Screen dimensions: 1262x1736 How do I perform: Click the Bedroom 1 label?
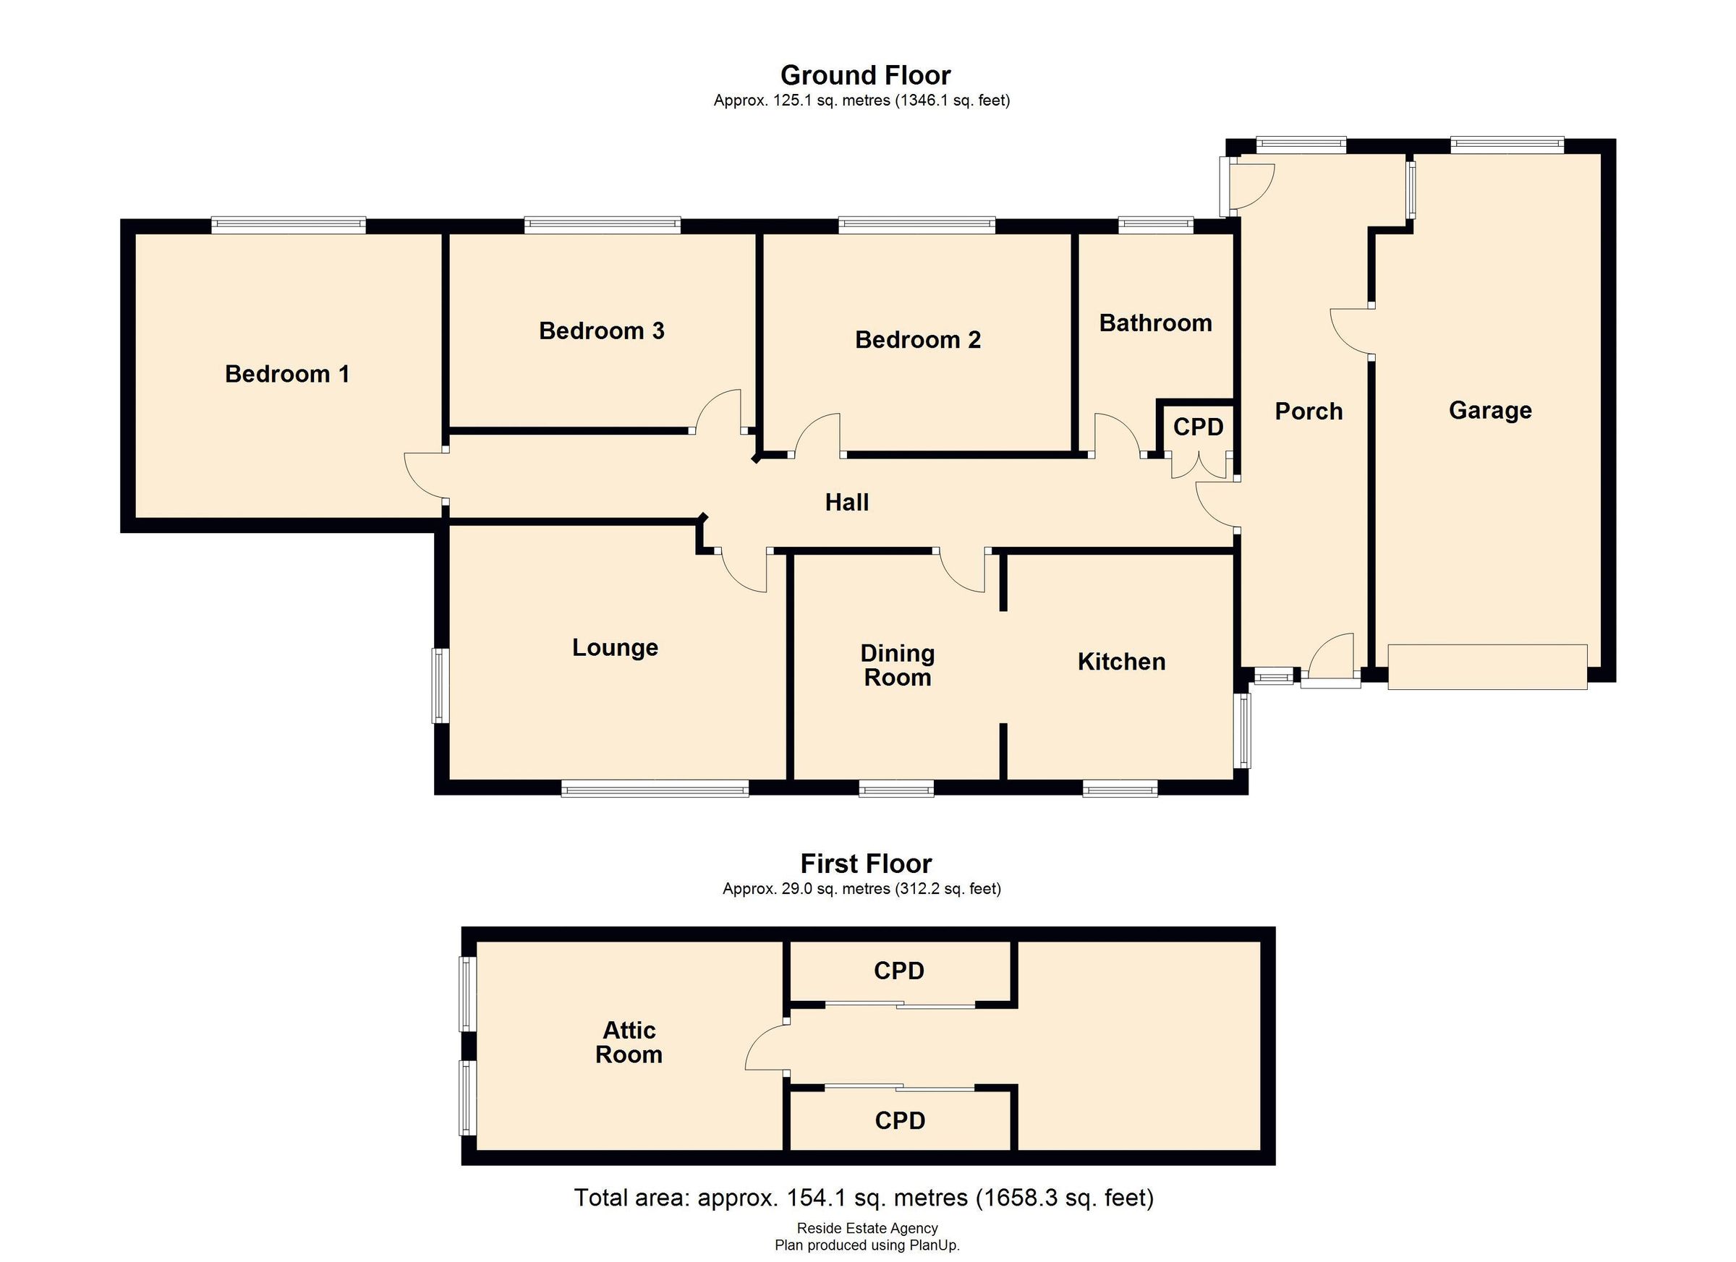287,374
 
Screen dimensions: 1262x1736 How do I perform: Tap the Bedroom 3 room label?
601,331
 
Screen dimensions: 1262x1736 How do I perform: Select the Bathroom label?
1155,323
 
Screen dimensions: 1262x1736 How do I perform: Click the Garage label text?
1489,410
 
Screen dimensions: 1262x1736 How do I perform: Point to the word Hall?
846,502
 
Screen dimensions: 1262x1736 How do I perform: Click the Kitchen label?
1120,661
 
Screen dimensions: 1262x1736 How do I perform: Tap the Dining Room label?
897,665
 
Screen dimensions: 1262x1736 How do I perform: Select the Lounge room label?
615,647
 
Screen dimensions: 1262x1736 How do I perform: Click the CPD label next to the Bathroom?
1198,427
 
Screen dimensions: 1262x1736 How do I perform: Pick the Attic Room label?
629,1041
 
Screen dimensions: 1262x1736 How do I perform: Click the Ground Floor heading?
865,75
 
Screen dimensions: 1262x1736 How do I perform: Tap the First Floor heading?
866,864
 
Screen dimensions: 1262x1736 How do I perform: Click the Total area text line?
864,1197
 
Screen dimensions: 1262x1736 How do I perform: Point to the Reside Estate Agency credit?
867,1227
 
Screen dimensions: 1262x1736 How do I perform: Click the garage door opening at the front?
1486,667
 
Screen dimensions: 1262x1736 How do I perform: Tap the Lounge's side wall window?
439,686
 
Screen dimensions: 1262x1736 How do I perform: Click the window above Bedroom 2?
916,225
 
